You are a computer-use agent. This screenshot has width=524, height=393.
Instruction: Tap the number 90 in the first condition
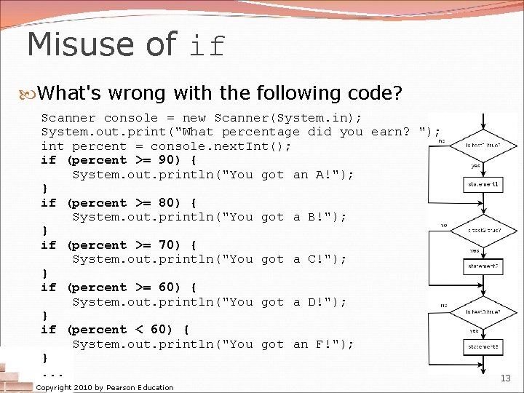[x=167, y=160]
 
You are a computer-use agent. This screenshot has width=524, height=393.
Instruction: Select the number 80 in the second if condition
[x=167, y=202]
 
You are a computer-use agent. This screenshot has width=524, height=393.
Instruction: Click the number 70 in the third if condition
[x=167, y=245]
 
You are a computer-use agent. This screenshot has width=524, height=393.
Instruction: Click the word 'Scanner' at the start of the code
[x=68, y=118]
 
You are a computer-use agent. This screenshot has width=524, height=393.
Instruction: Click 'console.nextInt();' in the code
[x=221, y=146]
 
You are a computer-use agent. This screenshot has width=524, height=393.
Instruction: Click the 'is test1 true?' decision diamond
[x=483, y=144]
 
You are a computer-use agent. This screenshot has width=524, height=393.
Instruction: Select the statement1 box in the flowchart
[x=483, y=185]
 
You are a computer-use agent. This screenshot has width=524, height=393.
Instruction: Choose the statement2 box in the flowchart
[x=483, y=266]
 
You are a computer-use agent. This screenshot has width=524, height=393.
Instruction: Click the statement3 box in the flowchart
[x=483, y=347]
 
